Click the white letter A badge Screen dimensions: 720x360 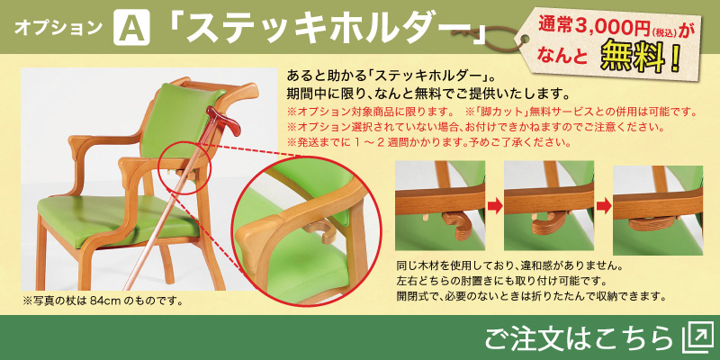[x=131, y=27]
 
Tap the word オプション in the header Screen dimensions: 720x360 [x=58, y=28]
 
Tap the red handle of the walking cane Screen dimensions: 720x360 [x=223, y=120]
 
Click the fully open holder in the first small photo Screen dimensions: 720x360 [x=455, y=224]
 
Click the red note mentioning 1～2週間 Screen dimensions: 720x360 [x=429, y=142]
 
